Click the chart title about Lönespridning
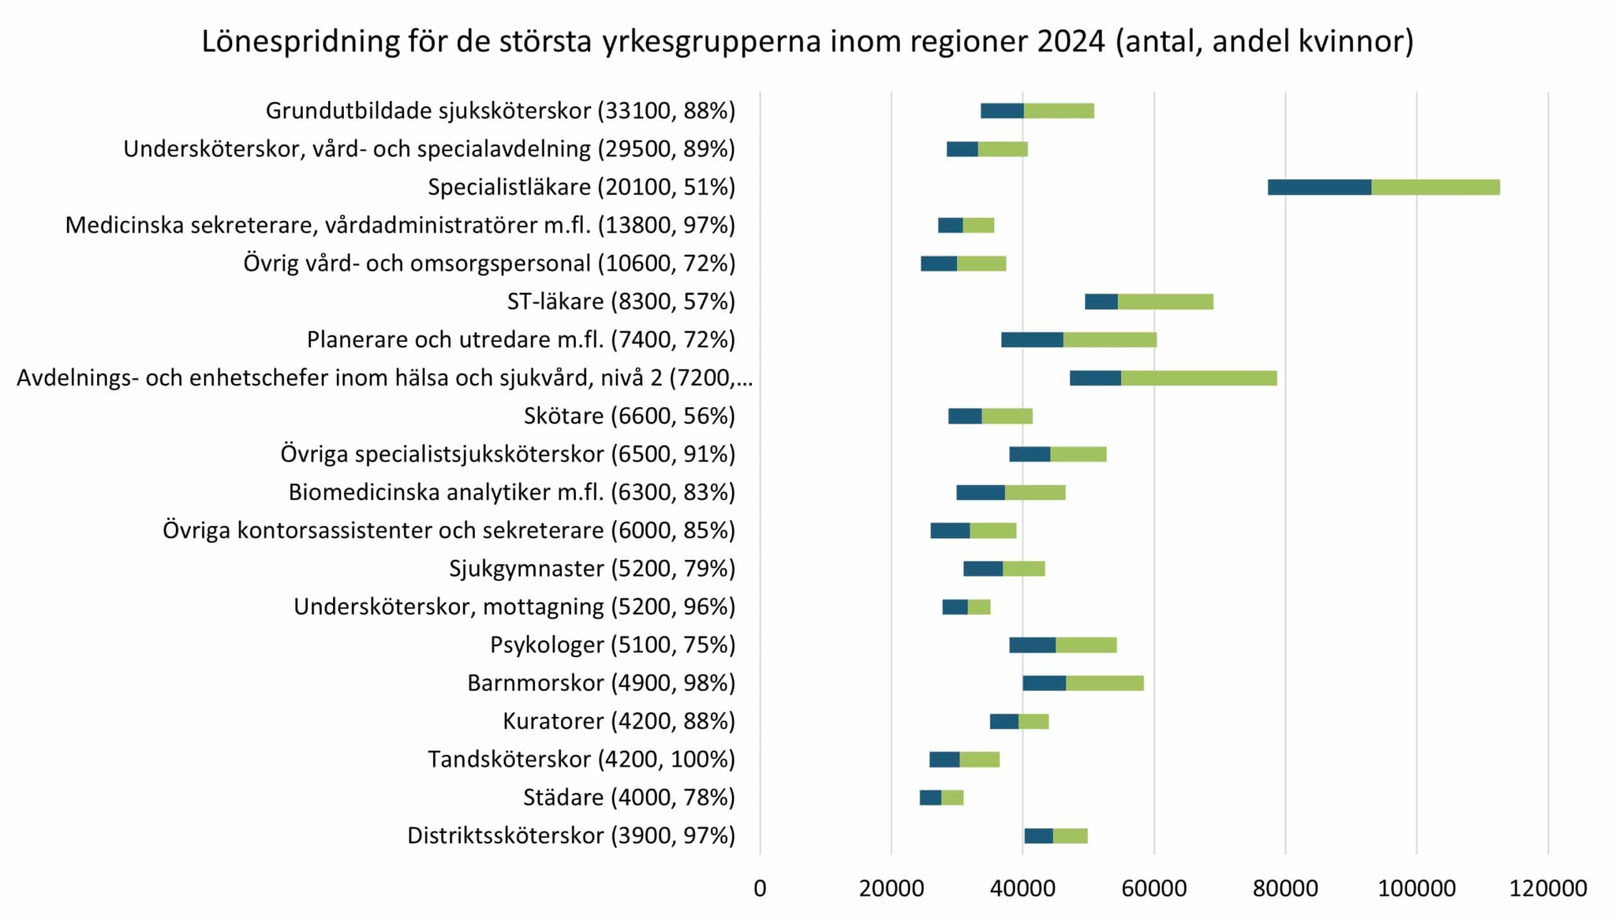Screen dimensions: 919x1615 [807, 42]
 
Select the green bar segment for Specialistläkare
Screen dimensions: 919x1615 [1435, 187]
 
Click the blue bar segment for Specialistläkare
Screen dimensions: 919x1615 [1319, 187]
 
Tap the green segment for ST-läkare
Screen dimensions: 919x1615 [1165, 302]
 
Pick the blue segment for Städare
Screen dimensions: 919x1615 [930, 798]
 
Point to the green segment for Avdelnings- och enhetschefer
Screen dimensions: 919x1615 [1199, 378]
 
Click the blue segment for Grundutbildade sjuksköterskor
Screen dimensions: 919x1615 [1002, 111]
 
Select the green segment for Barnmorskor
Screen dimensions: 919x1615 [1105, 684]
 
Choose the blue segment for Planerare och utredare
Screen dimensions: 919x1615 [1031, 340]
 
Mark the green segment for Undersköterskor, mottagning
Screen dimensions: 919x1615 [979, 607]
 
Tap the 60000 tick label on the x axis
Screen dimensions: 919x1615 [1154, 889]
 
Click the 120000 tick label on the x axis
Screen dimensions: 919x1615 [1547, 889]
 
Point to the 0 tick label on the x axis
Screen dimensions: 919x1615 [760, 889]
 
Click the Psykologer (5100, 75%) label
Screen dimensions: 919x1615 [612, 645]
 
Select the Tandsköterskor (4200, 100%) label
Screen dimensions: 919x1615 [581, 759]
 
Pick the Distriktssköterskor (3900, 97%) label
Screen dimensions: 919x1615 [571, 836]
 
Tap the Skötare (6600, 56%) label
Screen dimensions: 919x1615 [629, 416]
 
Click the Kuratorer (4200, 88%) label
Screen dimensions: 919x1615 [618, 721]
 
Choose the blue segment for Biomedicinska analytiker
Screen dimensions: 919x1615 [980, 492]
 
